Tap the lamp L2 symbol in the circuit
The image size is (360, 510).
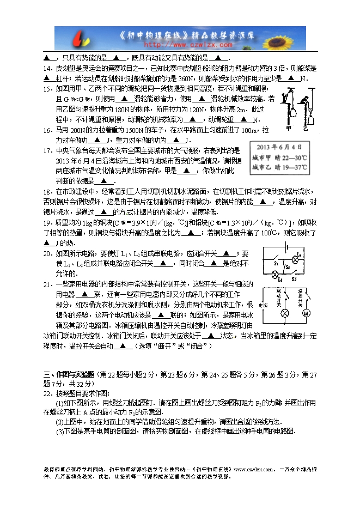[296, 256]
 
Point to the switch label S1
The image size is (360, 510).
[276, 263]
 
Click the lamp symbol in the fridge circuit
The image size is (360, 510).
[284, 314]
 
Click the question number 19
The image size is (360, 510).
[46, 222]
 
